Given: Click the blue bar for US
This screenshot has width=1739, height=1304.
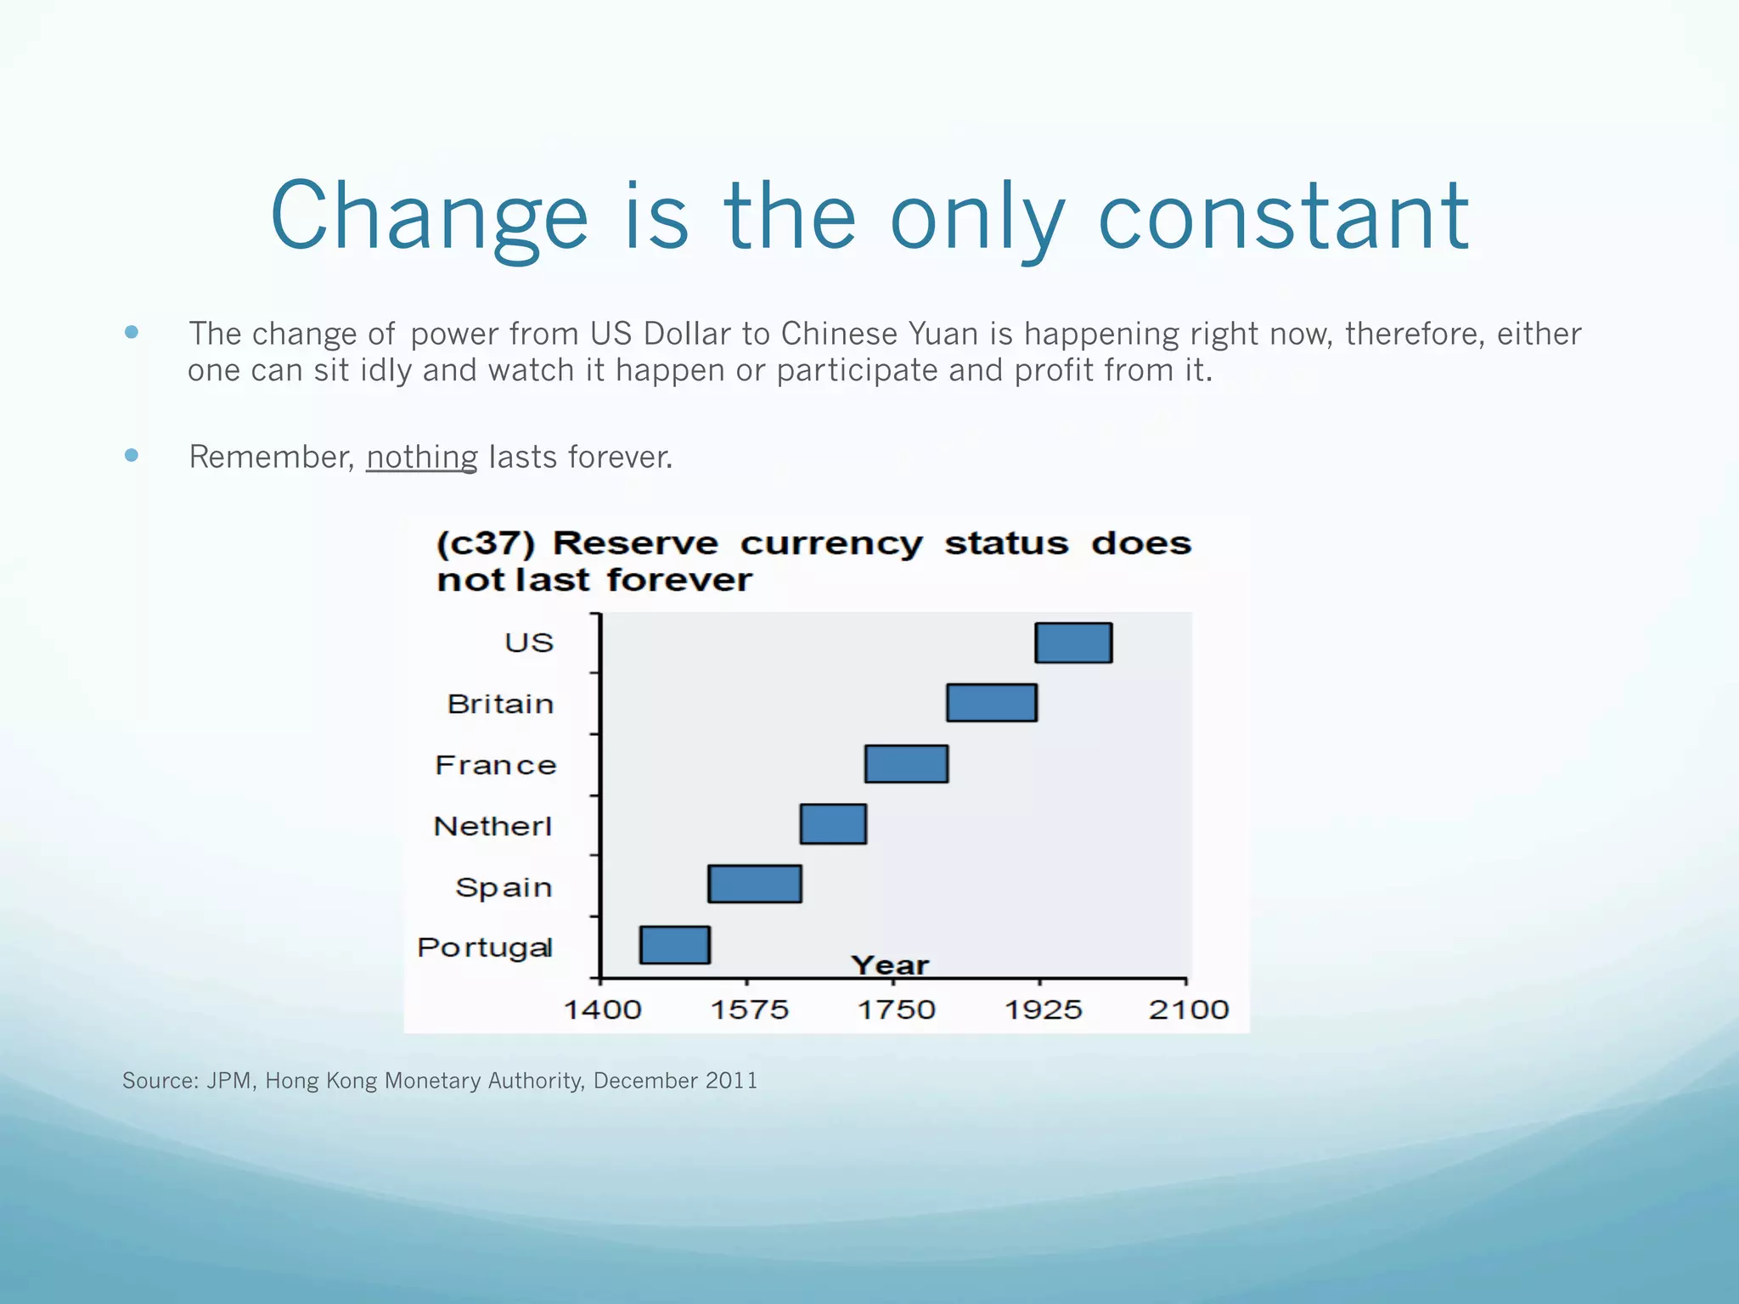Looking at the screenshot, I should pyautogui.click(x=1073, y=643).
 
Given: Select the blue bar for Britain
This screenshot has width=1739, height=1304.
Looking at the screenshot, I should pyautogui.click(x=992, y=703).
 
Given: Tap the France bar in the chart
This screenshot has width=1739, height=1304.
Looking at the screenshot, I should pyautogui.click(x=906, y=764).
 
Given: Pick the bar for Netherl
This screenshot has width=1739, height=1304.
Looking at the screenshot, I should pyautogui.click(x=833, y=824).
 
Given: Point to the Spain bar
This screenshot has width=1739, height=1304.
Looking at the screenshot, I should pyautogui.click(x=755, y=884).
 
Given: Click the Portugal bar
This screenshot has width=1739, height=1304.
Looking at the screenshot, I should pyautogui.click(x=675, y=945).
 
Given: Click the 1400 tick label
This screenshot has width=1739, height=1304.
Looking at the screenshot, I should pyautogui.click(x=603, y=1009).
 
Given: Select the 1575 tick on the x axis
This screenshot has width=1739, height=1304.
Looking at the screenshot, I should pyautogui.click(x=749, y=1009).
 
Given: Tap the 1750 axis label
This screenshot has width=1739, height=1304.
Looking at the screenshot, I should pyautogui.click(x=896, y=1009).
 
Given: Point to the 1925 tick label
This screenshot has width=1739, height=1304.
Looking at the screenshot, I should pyautogui.click(x=1043, y=1009).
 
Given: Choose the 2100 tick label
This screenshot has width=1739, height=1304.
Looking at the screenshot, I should pyautogui.click(x=1189, y=1009).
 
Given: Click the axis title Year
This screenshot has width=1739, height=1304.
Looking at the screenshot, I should pyautogui.click(x=890, y=965).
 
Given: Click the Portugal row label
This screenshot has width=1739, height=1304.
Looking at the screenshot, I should pyautogui.click(x=485, y=947).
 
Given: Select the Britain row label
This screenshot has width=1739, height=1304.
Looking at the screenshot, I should pyautogui.click(x=500, y=704).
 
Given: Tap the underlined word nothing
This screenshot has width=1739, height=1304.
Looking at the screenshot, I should pyautogui.click(x=422, y=457).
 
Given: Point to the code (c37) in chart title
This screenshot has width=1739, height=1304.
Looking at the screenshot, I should pyautogui.click(x=486, y=543).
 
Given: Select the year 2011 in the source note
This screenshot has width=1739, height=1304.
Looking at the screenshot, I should pyautogui.click(x=731, y=1081).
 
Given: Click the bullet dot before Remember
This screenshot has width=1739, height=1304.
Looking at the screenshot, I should pyautogui.click(x=131, y=455).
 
